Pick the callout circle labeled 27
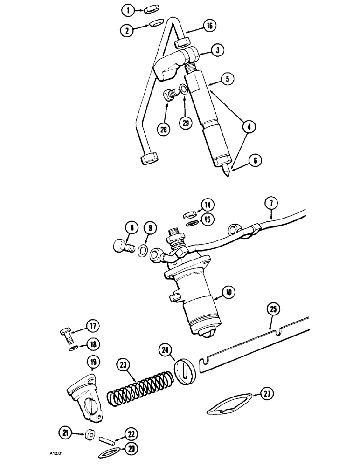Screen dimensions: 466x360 point(265,395)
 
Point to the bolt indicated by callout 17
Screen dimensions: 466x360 point(66,333)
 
